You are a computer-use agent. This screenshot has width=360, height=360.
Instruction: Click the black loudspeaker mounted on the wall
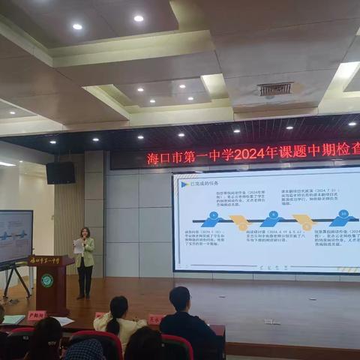pos(60,172)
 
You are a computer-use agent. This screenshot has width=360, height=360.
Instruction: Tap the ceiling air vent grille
pos(275,89)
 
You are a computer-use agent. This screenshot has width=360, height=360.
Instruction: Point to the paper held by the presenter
pos(78,245)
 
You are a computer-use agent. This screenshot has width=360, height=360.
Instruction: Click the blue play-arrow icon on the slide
pos(184,183)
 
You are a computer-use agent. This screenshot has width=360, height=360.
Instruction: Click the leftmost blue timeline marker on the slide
pos(213,220)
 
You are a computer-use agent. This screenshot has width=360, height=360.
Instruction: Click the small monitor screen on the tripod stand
pos(16,236)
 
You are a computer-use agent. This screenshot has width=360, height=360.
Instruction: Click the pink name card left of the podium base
pos(35,316)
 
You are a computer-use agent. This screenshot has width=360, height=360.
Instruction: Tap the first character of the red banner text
pos(153,158)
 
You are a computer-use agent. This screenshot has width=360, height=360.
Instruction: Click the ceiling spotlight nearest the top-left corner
pos(77,26)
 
